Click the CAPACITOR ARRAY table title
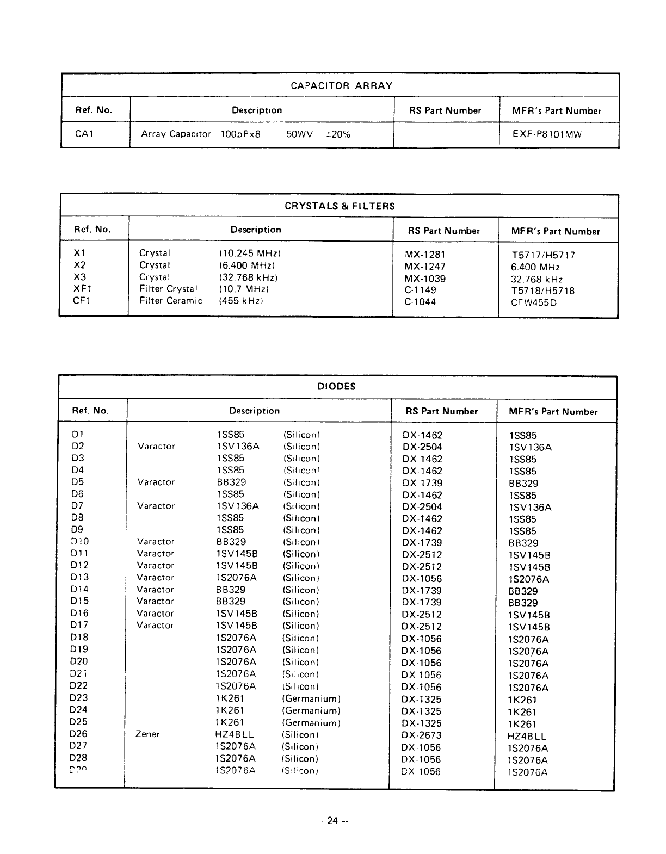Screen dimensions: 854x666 (341, 85)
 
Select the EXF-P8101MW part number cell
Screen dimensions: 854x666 (547, 134)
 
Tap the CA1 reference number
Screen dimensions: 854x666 (84, 134)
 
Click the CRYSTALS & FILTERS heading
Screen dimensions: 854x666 (340, 206)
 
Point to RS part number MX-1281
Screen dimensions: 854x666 (425, 254)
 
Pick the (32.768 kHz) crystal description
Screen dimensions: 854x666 (248, 277)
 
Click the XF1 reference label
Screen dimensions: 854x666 (82, 288)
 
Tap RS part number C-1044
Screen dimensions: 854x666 (420, 302)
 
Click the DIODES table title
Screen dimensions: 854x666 (336, 387)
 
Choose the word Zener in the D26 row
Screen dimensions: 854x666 (147, 734)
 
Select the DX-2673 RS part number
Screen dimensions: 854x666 (422, 735)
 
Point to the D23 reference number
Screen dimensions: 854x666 (78, 698)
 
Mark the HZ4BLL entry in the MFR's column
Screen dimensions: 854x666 (527, 737)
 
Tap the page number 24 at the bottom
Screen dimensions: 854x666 (332, 821)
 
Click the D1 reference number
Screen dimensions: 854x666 (77, 435)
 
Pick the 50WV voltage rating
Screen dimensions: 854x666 (299, 134)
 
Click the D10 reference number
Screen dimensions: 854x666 (79, 542)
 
